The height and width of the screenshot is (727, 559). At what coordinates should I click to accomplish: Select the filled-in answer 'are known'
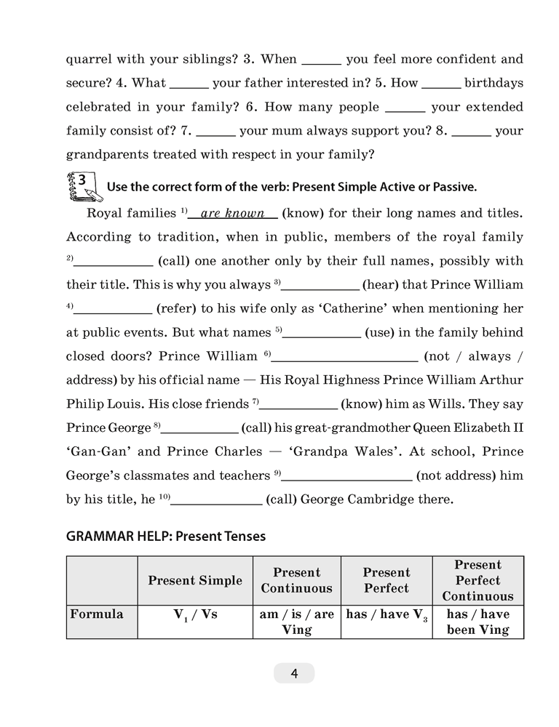(x=232, y=214)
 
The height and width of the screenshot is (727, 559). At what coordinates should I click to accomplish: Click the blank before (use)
(x=322, y=333)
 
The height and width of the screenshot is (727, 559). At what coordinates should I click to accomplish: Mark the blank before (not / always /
(x=344, y=357)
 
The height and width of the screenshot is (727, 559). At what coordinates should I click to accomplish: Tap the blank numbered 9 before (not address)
(x=347, y=475)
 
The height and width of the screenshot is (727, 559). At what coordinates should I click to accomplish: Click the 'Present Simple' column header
(x=195, y=580)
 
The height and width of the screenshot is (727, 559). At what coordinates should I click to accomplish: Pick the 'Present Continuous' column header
(x=296, y=580)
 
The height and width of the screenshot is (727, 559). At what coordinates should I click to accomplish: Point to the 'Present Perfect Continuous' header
(x=477, y=580)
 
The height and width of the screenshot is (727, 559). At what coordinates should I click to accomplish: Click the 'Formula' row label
(x=97, y=614)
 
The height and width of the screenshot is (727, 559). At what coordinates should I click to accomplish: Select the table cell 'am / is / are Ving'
(x=296, y=622)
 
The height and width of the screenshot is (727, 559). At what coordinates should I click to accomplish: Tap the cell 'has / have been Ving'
(x=477, y=622)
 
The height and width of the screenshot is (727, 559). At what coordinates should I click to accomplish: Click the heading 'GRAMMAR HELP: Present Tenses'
(x=166, y=537)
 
